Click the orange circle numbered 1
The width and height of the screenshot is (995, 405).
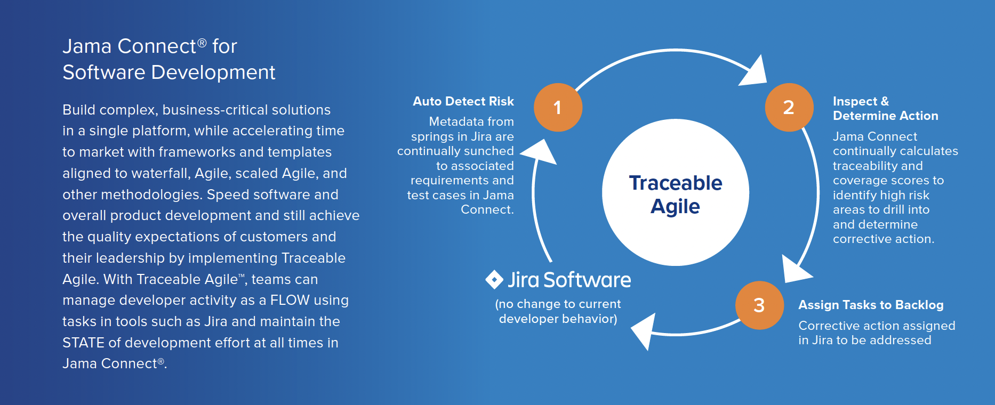[x=558, y=107]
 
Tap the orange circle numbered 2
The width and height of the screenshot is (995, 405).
[x=789, y=107]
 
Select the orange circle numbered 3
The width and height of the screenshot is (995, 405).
[x=759, y=305]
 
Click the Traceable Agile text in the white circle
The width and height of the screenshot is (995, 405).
[x=675, y=194]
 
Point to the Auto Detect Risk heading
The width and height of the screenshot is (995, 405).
[x=463, y=101]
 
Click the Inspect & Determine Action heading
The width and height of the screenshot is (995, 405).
[x=885, y=108]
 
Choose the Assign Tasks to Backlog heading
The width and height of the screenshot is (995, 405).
[x=870, y=305]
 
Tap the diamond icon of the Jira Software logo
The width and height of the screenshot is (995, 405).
[x=494, y=279]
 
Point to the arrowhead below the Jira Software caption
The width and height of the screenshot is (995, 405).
[x=646, y=330]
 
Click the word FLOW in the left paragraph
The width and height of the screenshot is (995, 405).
[x=290, y=300]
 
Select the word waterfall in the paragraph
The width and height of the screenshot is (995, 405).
[x=159, y=173]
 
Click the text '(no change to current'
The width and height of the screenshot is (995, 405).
[x=558, y=304]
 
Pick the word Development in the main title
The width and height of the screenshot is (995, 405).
[x=213, y=72]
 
